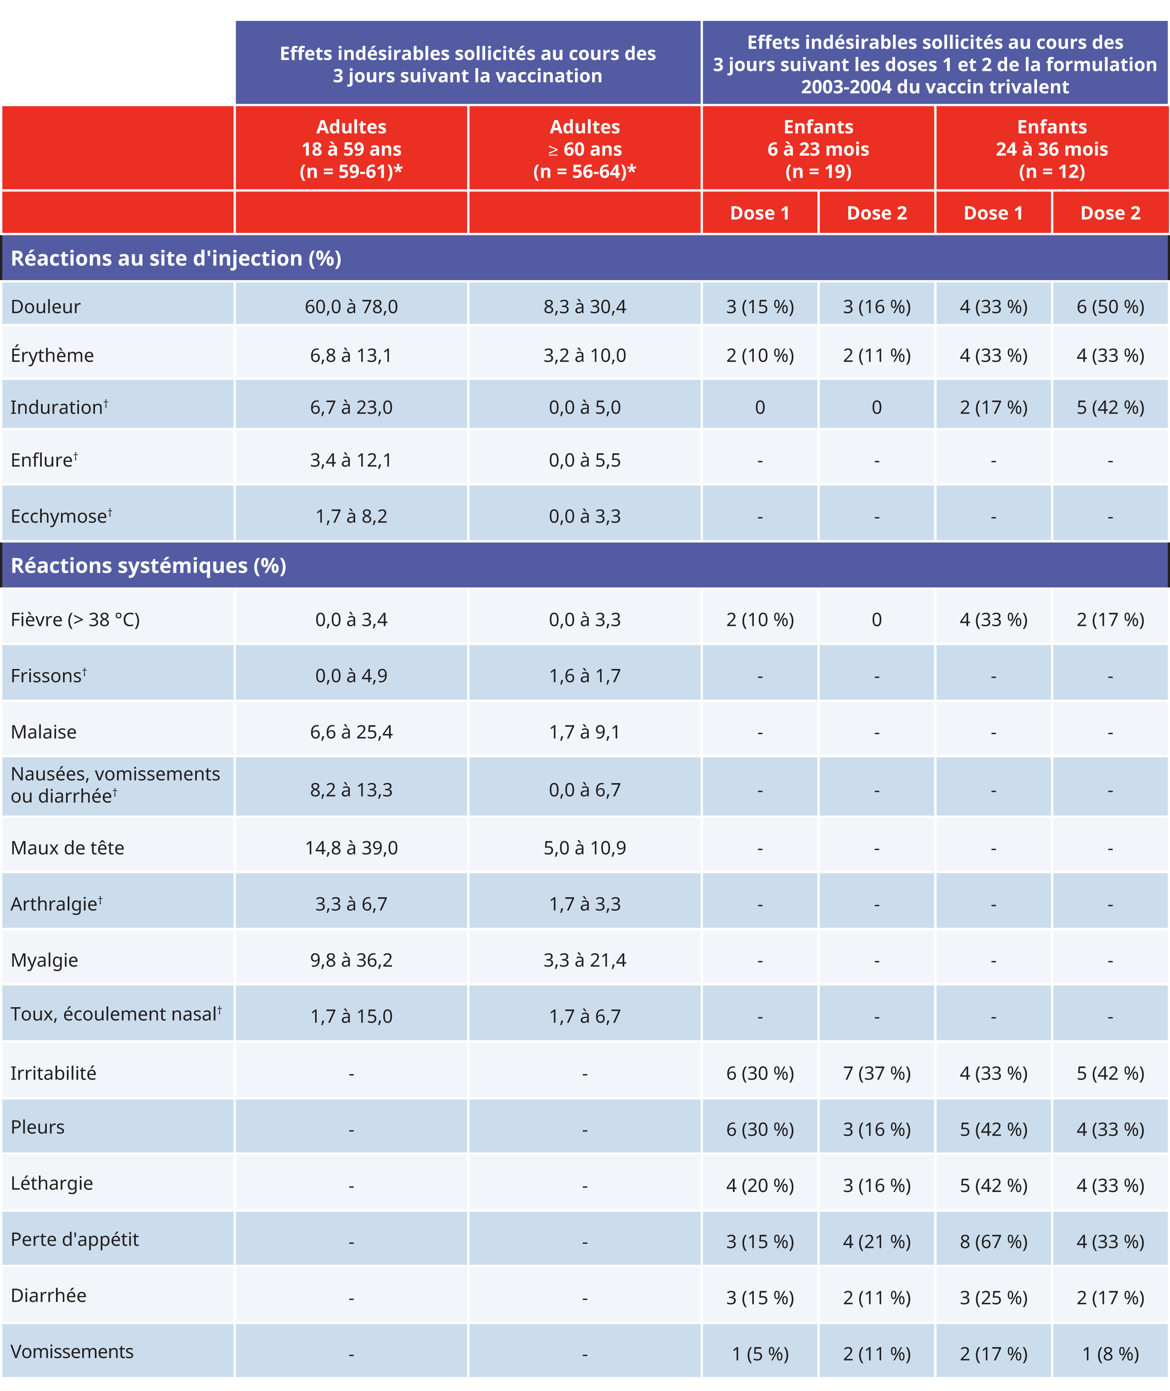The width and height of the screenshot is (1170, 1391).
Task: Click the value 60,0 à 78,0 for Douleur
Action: (351, 306)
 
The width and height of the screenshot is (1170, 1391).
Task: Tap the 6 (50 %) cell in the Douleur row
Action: (1110, 306)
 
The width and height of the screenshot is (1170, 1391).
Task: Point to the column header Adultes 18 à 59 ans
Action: (351, 149)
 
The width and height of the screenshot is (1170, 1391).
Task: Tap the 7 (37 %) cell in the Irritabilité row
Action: (876, 1073)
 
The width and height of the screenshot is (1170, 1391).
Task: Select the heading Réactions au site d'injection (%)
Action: (176, 258)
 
